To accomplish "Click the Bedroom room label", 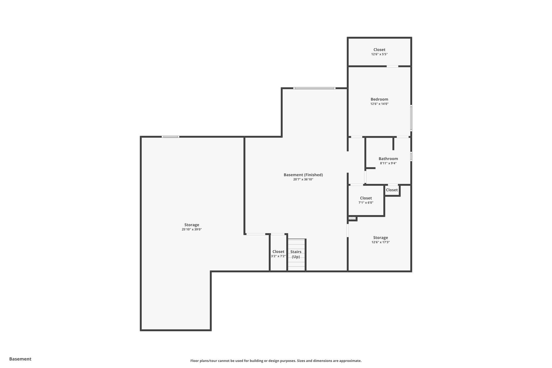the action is [x=379, y=99].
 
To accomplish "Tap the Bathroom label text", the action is [x=388, y=159].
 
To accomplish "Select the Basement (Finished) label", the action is [x=303, y=175].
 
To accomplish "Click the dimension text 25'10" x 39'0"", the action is [x=192, y=229].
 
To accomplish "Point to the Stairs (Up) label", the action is [x=296, y=254].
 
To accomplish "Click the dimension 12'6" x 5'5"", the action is [x=379, y=54].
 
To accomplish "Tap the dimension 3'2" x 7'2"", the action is [x=278, y=256].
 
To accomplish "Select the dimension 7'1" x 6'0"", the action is [x=366, y=203].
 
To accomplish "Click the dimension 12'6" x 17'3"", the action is [x=381, y=242].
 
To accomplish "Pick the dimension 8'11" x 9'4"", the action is [x=388, y=163].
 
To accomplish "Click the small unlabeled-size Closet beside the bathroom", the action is [x=392, y=190].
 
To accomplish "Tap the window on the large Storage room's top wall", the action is [x=170, y=137].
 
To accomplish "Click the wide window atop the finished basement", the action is [x=314, y=88].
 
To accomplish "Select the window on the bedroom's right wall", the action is [x=411, y=118].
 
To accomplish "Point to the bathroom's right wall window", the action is [x=411, y=157].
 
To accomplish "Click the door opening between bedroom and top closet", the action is [x=392, y=66].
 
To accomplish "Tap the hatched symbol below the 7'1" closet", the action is [x=352, y=218].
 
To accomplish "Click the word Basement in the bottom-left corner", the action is [x=20, y=359].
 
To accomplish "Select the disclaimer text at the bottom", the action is [x=276, y=361].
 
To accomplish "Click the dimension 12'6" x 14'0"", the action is [x=379, y=104].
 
